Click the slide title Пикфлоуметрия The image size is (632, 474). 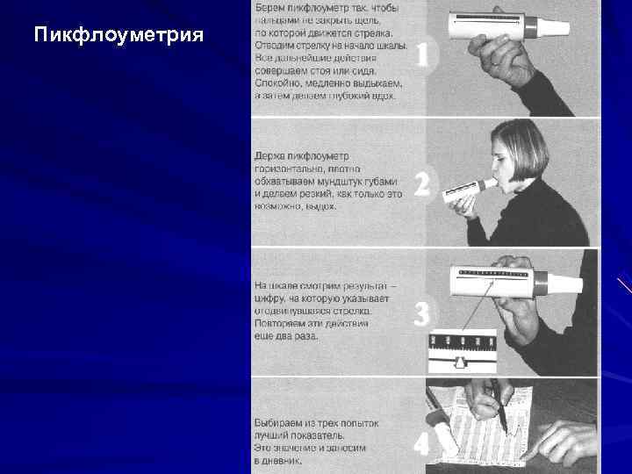pos(118,36)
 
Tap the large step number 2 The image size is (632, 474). pos(423,184)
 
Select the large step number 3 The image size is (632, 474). pos(423,313)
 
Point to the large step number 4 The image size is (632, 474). pos(423,444)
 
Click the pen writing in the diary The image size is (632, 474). pos(499,409)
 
